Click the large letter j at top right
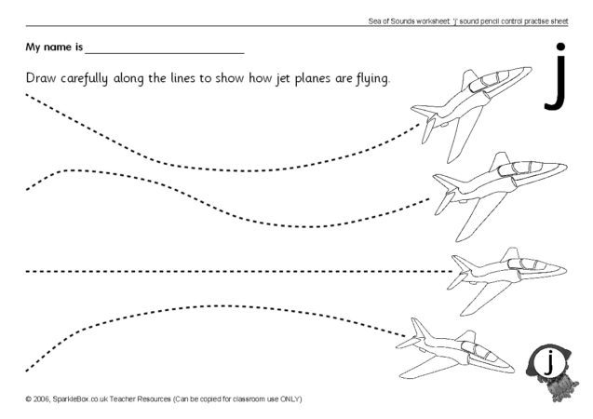555,78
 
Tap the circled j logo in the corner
549,361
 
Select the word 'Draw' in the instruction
44,77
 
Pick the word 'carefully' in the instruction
98,78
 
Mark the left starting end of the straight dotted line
28,272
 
